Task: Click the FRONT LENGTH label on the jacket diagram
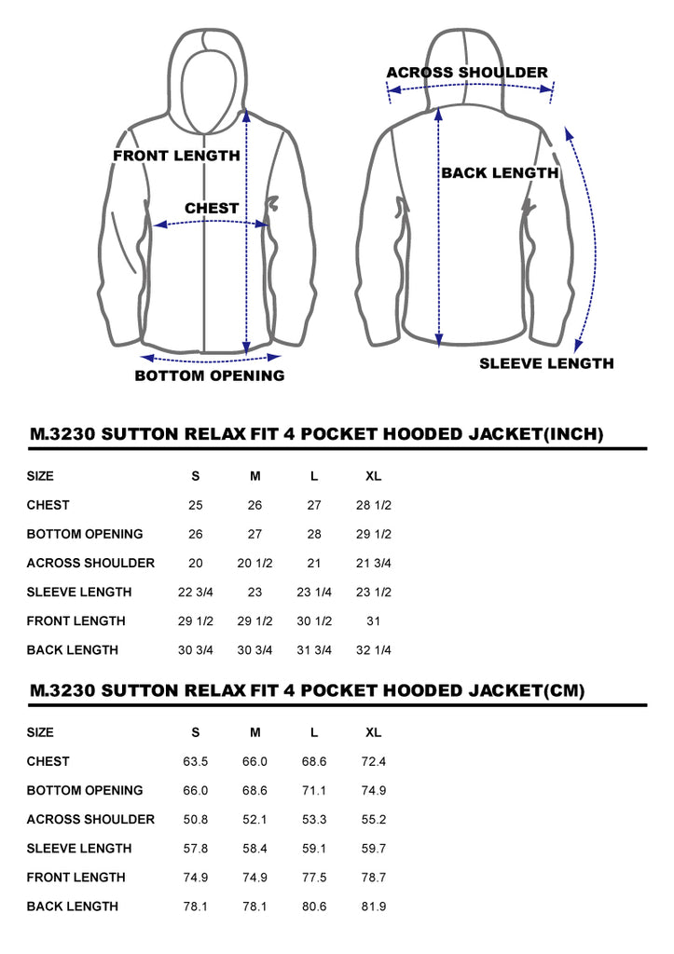coord(176,156)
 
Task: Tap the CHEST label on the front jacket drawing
coord(212,208)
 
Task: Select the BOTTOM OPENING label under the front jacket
coord(210,375)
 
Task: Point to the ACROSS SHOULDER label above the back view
coord(467,73)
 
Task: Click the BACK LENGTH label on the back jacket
coord(500,172)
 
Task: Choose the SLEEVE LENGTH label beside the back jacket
coord(546,363)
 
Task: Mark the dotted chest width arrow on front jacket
coord(211,223)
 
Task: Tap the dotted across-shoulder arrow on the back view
coord(470,86)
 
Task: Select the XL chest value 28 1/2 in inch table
coord(373,505)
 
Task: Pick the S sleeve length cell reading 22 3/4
coord(195,592)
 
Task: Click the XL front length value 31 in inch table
coord(373,621)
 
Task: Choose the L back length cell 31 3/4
coord(313,649)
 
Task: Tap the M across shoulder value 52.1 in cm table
coord(254,820)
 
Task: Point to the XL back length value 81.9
coord(373,906)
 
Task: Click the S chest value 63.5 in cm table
coord(195,762)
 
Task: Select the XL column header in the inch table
coord(373,476)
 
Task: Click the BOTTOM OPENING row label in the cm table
coord(85,790)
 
